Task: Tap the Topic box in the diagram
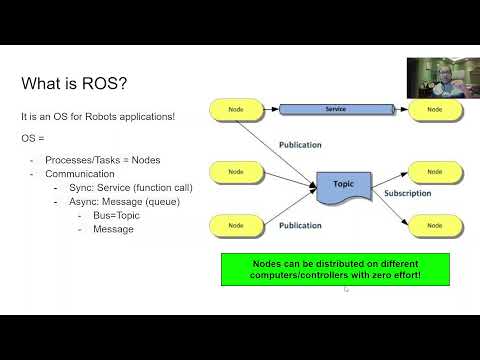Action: click(342, 186)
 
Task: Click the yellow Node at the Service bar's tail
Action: click(235, 108)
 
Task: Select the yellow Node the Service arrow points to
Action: click(435, 108)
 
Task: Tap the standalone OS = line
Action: click(33, 137)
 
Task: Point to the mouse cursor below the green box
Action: click(346, 290)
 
